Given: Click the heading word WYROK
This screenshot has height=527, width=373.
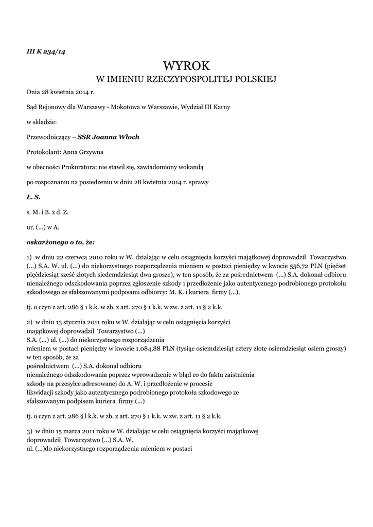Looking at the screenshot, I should pyautogui.click(x=187, y=65).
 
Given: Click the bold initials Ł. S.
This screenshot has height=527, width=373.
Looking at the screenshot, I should pyautogui.click(x=33, y=197).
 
